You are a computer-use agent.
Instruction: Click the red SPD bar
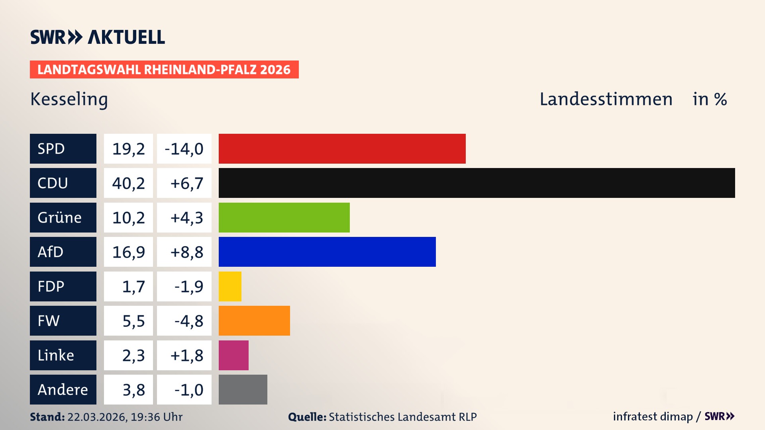tap(342, 149)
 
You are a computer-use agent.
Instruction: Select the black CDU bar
tap(477, 183)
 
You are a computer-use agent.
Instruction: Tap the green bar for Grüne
tap(284, 217)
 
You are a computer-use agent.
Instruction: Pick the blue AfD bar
tap(327, 252)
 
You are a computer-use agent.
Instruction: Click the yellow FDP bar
tap(230, 286)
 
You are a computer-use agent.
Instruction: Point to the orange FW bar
tap(254, 321)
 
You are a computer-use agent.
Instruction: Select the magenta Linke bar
tap(233, 355)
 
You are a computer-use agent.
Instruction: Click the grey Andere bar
tap(243, 389)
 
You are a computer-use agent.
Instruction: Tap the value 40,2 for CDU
tap(128, 183)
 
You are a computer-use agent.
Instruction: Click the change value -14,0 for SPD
tap(184, 149)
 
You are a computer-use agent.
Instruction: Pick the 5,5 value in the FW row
tap(133, 321)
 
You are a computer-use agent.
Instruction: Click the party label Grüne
tap(60, 218)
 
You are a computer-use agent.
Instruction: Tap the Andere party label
tap(63, 390)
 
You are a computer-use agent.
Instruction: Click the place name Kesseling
tap(69, 100)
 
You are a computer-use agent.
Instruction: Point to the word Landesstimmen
tap(606, 99)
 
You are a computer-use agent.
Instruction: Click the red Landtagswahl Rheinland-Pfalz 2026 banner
tap(164, 70)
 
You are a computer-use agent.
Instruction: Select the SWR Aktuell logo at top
tap(98, 37)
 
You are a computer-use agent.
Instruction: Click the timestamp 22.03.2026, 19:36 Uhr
tap(125, 417)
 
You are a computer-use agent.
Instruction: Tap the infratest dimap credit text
tap(653, 416)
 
